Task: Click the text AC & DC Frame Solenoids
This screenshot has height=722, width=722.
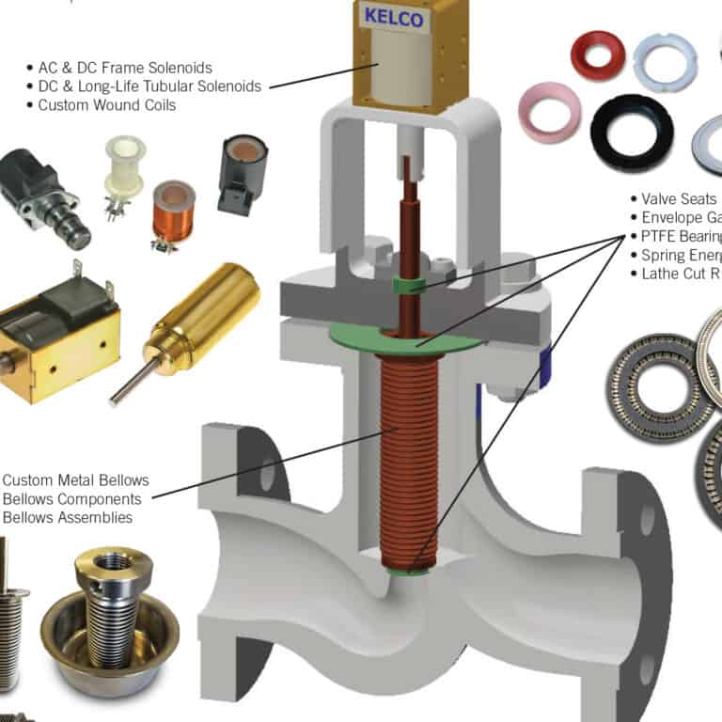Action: tap(125, 68)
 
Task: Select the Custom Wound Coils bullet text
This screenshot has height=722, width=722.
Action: tap(106, 105)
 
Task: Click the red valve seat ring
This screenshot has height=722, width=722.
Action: tap(597, 54)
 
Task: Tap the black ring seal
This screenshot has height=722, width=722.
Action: tap(631, 133)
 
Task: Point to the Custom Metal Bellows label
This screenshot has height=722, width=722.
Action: tap(76, 480)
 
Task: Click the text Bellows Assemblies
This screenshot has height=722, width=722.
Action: tap(68, 517)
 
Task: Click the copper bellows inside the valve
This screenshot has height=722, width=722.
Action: tap(403, 451)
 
